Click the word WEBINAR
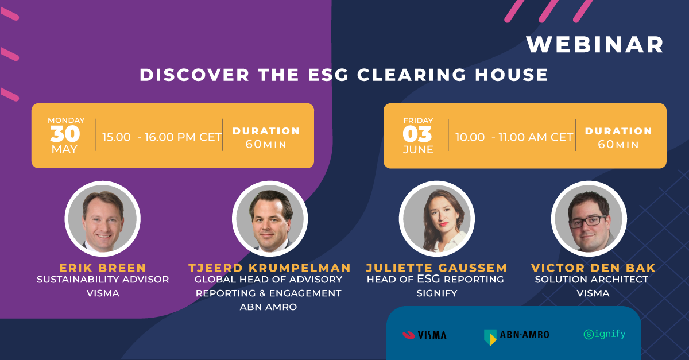[595, 45]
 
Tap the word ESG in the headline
[328, 75]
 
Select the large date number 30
[65, 134]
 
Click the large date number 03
[417, 134]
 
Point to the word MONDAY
[66, 121]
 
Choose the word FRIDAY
[418, 121]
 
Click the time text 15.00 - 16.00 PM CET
[162, 137]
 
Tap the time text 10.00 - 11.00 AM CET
[514, 137]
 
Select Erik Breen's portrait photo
[102, 219]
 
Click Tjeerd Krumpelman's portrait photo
[270, 219]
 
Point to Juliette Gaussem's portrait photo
[437, 219]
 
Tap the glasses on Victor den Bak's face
[588, 222]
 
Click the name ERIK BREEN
[103, 268]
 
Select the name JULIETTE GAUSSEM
[436, 268]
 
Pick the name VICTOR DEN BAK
[593, 268]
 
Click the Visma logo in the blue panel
[424, 335]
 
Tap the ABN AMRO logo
[516, 336]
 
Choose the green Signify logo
[605, 335]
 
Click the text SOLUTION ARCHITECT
[591, 280]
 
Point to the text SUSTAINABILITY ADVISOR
[103, 280]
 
